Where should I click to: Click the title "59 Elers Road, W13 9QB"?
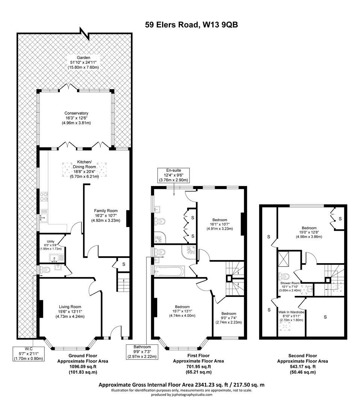[192, 25]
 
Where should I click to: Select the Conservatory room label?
[76, 118]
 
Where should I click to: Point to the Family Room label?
[106, 216]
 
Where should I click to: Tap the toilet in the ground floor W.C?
[45, 270]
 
